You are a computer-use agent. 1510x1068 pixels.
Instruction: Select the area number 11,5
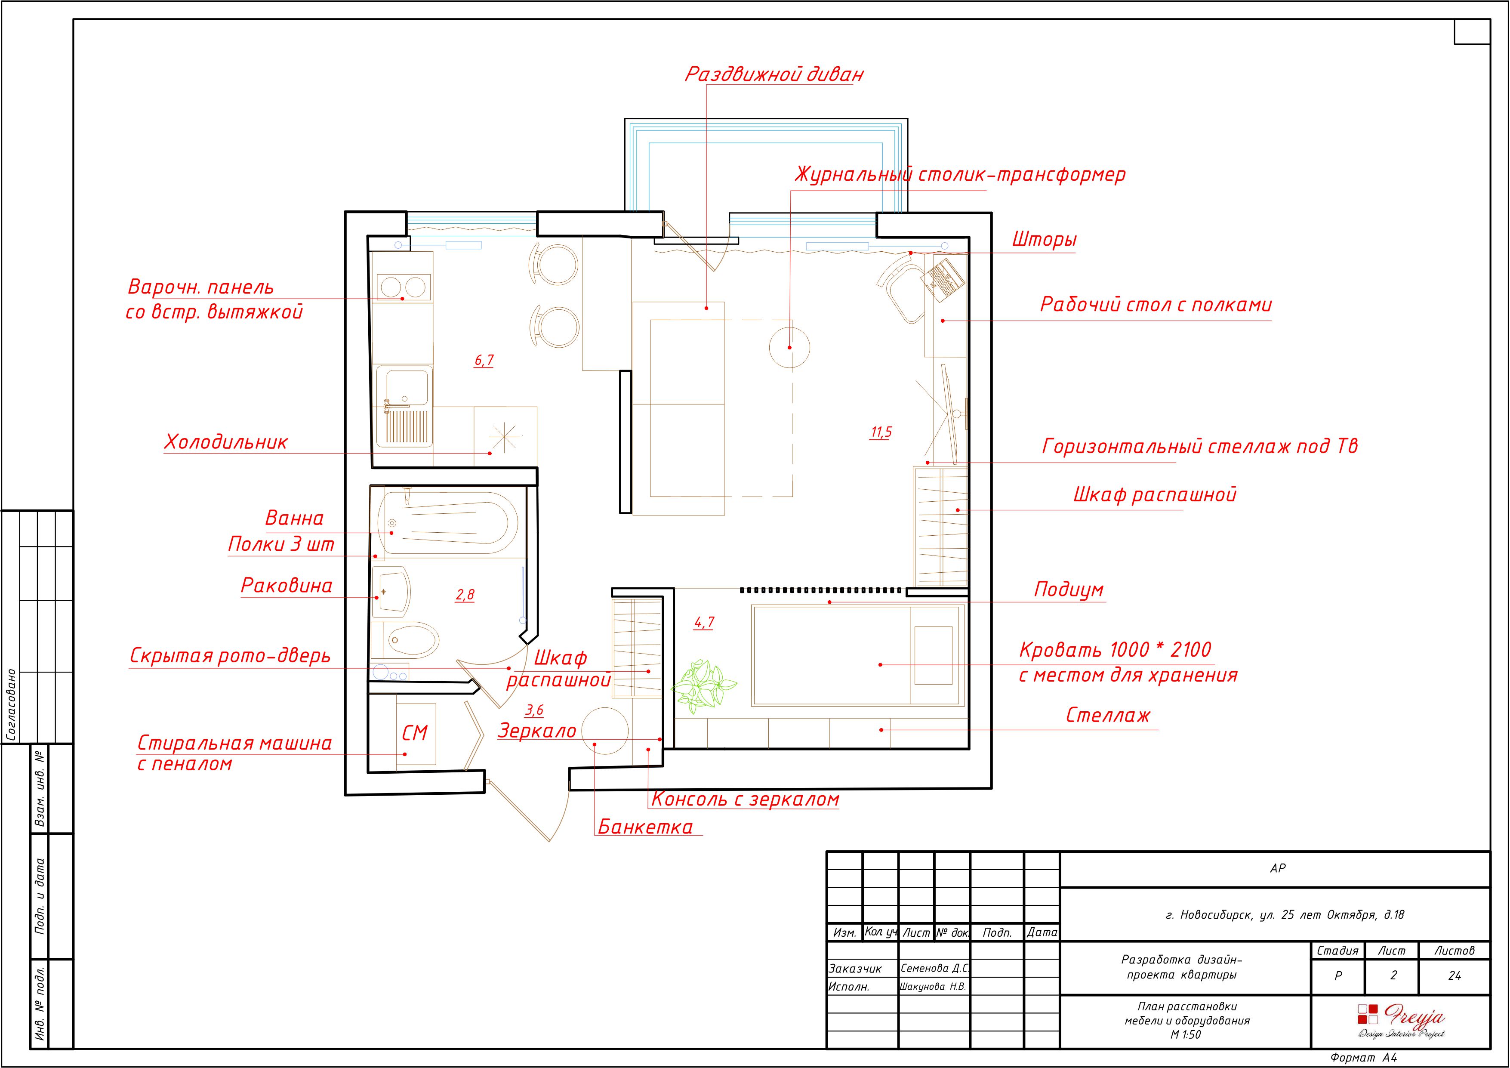click(x=881, y=432)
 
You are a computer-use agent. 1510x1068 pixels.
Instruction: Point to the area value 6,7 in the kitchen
click(x=484, y=361)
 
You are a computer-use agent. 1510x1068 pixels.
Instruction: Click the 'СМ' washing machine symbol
click(x=415, y=733)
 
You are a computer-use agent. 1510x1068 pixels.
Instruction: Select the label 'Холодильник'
click(x=225, y=442)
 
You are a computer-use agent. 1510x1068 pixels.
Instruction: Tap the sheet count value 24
click(x=1455, y=976)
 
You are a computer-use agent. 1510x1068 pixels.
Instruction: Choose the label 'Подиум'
click(x=1069, y=590)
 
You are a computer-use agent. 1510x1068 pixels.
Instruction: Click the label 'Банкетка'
click(x=645, y=827)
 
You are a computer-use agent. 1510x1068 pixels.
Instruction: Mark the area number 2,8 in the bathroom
click(x=465, y=595)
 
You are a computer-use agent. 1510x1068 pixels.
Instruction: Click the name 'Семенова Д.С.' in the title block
click(x=934, y=968)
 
